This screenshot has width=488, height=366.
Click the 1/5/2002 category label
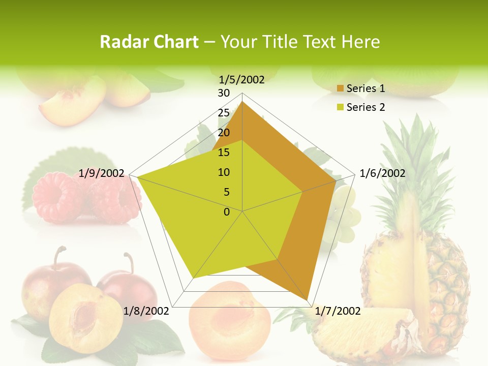241,80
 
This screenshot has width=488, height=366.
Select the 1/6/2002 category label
382,173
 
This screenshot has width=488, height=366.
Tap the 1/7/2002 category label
338,311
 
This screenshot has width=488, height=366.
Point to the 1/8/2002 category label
146,311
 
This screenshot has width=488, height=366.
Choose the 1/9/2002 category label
102,173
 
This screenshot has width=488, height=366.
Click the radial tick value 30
224,93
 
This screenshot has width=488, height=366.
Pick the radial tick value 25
224,113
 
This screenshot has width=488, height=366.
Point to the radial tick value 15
224,152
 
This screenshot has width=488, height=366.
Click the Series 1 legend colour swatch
340,88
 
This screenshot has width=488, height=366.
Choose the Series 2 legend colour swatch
340,107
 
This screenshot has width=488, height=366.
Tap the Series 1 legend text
365,88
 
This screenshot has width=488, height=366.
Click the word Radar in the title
122,42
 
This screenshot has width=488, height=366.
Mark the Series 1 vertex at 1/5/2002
242,102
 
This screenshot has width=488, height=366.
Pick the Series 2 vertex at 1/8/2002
193,279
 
